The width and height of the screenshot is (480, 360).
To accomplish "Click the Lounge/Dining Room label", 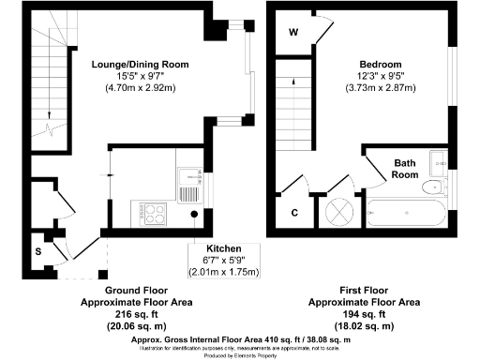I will [141, 65].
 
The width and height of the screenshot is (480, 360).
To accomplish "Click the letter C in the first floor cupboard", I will [293, 213].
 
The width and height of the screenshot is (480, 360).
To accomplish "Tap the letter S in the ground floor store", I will [38, 252].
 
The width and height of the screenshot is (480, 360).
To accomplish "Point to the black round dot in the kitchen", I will [194, 214].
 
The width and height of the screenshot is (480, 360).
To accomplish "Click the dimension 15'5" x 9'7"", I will [141, 77].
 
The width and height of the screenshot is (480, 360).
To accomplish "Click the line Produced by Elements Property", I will [238, 354].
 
